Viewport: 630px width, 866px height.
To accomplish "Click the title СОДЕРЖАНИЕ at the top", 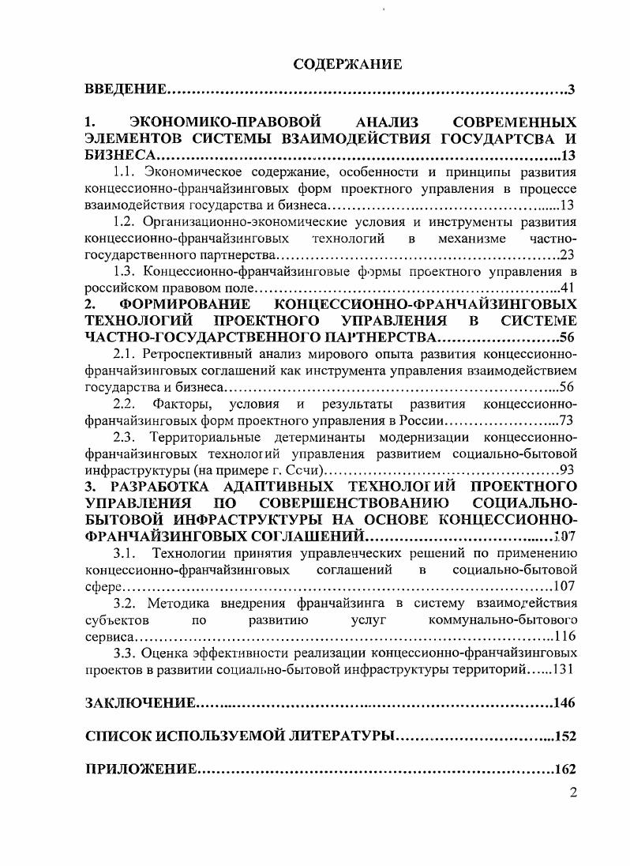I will tap(347, 64).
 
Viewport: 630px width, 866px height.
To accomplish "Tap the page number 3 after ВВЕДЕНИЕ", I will tap(571, 89).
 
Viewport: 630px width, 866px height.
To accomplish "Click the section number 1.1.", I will tap(126, 171).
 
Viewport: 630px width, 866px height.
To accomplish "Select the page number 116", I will tap(564, 636).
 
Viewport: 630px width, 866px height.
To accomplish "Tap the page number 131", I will tap(564, 669).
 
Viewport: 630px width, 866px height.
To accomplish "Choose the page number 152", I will tap(565, 736).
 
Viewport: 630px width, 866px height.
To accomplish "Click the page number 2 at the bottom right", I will tap(573, 793).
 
